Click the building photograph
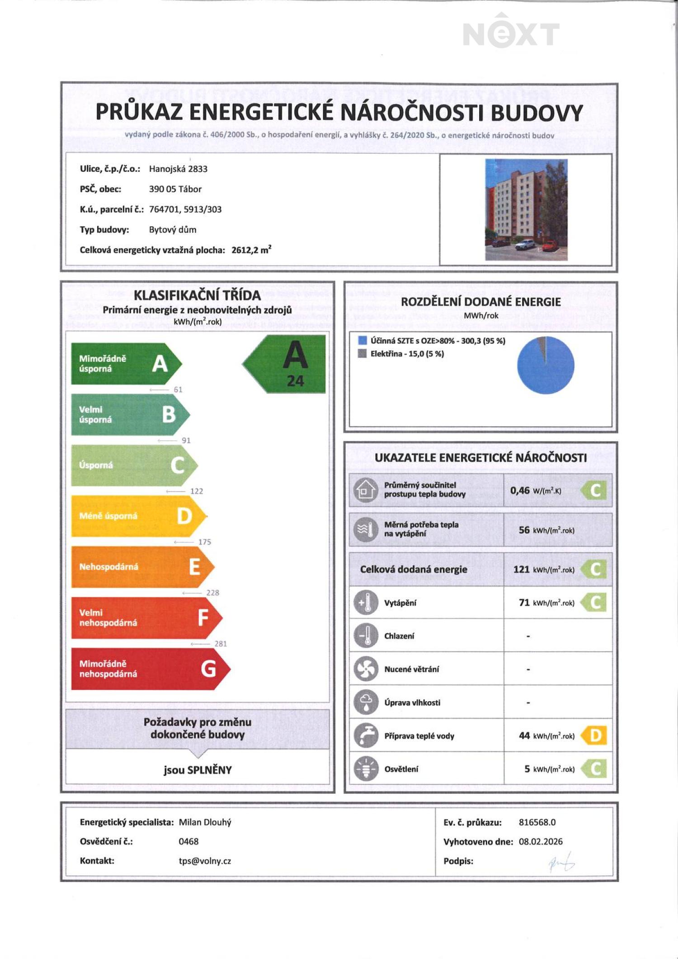pyautogui.click(x=526, y=209)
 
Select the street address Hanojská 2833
pyautogui.click(x=178, y=169)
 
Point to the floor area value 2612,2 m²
pyautogui.click(x=251, y=250)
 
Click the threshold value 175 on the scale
pyautogui.click(x=204, y=542)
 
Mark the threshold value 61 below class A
pyautogui.click(x=178, y=389)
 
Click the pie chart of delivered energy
pyautogui.click(x=545, y=365)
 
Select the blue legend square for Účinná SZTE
pyautogui.click(x=362, y=341)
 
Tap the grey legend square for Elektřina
pyautogui.click(x=362, y=353)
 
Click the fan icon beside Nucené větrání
pyautogui.click(x=366, y=669)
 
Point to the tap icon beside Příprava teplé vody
pyautogui.click(x=366, y=735)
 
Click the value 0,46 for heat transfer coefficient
pyautogui.click(x=520, y=490)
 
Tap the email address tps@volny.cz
pyautogui.click(x=205, y=861)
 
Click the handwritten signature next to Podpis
pyautogui.click(x=561, y=862)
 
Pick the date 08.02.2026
pyautogui.click(x=541, y=841)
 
